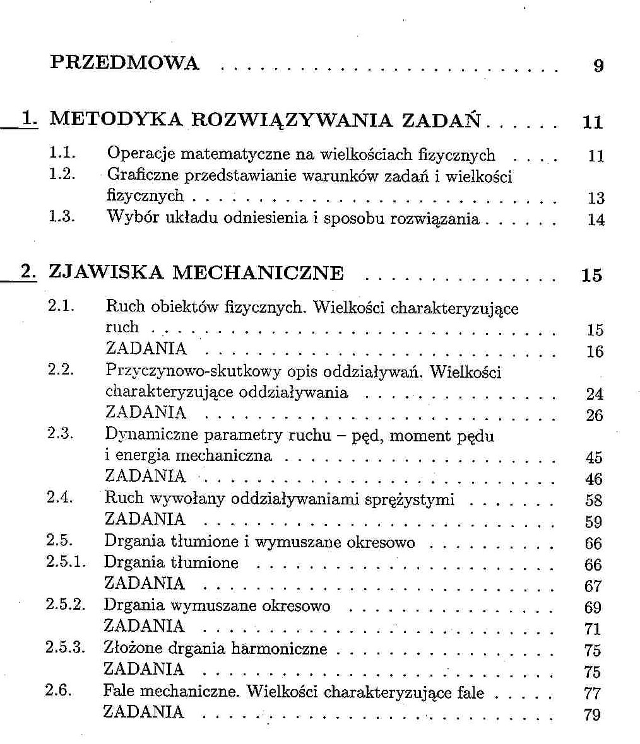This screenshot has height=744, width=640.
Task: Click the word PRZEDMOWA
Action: (124, 63)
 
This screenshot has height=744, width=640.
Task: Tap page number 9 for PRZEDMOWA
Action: (598, 65)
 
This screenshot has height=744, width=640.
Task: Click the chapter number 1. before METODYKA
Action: (28, 119)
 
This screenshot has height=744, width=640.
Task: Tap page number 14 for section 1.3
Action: (595, 220)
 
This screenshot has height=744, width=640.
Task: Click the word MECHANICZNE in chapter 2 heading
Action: (258, 273)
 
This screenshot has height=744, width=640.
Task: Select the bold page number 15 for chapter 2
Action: (591, 276)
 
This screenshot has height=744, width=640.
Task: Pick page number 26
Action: (594, 416)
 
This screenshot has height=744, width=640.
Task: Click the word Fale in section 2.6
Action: (119, 692)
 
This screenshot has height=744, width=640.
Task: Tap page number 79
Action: (593, 715)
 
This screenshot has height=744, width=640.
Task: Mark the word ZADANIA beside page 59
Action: (145, 519)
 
